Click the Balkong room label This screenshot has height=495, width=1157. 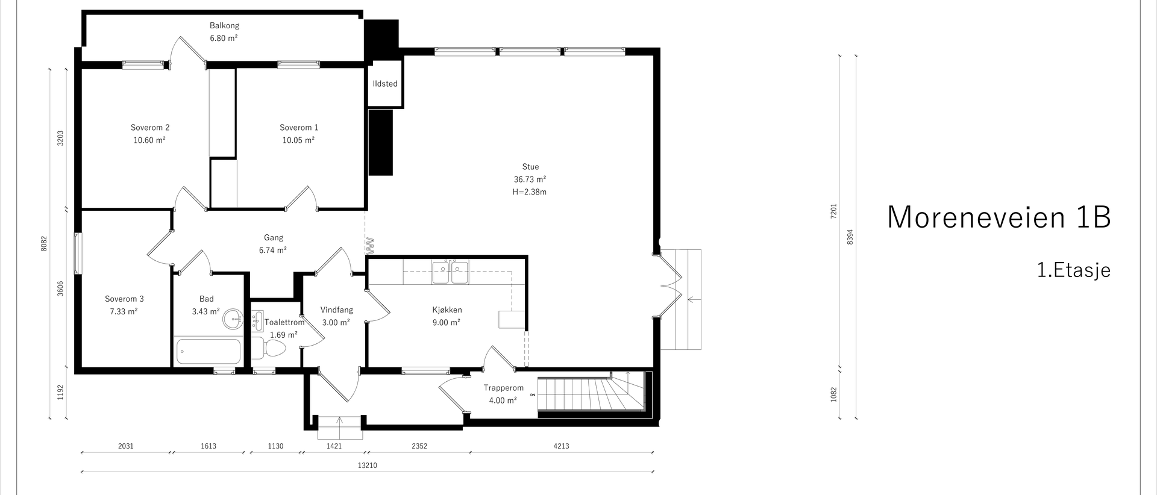[x=224, y=26]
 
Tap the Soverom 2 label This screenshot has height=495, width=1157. [x=150, y=128]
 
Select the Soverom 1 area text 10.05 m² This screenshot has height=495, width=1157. [x=299, y=140]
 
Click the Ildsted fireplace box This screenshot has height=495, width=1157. [x=385, y=84]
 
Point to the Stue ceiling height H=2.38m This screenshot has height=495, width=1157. [x=530, y=192]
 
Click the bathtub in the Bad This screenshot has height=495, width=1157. [x=209, y=351]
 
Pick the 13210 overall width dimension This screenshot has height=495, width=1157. [x=368, y=465]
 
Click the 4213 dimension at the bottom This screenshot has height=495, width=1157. [x=560, y=446]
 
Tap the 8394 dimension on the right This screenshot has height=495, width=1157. [x=850, y=237]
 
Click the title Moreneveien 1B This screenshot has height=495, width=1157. [x=999, y=217]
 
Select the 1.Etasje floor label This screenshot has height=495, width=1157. [x=1074, y=270]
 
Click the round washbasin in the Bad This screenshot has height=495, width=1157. [x=231, y=319]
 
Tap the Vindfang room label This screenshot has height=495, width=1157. [x=336, y=310]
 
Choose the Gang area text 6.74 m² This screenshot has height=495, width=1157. [x=273, y=251]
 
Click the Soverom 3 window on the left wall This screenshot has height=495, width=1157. [x=77, y=254]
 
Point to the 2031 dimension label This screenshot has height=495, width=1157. [x=125, y=446]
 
